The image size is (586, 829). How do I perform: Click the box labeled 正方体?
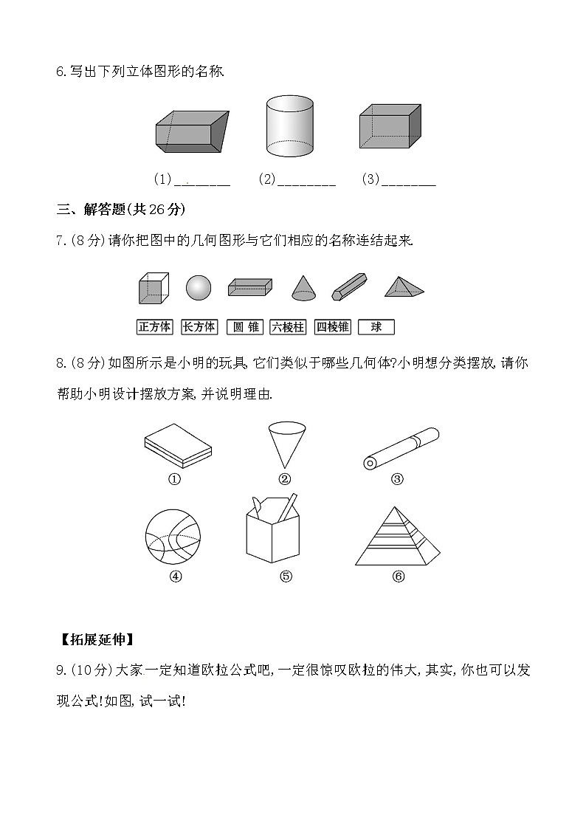154,327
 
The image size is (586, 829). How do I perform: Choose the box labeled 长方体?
199,327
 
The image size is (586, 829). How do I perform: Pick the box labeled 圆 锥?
244,327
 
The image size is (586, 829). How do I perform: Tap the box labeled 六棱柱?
288,327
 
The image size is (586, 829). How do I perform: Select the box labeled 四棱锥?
332,327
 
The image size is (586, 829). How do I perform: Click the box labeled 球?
376,327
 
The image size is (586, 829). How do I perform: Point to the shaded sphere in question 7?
199,288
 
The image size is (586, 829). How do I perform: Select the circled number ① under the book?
175,479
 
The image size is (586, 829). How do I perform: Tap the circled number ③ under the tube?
397,479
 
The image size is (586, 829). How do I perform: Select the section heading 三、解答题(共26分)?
121,210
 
